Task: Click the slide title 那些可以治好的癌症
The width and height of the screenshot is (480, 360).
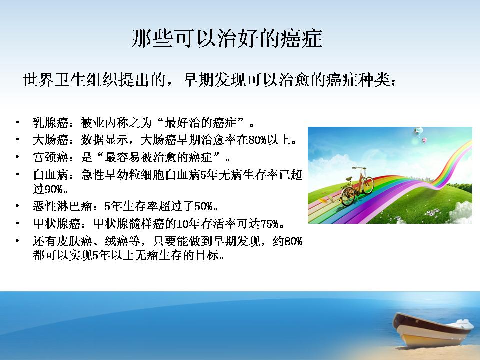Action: tap(227, 39)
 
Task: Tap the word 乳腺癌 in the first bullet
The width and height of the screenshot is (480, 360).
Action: tap(51, 123)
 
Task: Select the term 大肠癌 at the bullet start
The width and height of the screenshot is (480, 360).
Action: tap(51, 140)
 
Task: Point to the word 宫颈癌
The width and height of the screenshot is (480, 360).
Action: tap(51, 157)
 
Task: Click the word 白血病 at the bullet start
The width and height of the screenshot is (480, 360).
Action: tap(51, 175)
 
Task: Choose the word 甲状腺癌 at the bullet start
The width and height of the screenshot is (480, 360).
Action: tap(57, 224)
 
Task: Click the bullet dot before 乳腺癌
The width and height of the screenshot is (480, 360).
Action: tap(18, 123)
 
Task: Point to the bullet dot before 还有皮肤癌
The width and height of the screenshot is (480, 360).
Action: tap(18, 241)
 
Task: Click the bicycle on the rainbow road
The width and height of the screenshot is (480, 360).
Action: tap(357, 186)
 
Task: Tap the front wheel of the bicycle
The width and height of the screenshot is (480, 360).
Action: tap(348, 196)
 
